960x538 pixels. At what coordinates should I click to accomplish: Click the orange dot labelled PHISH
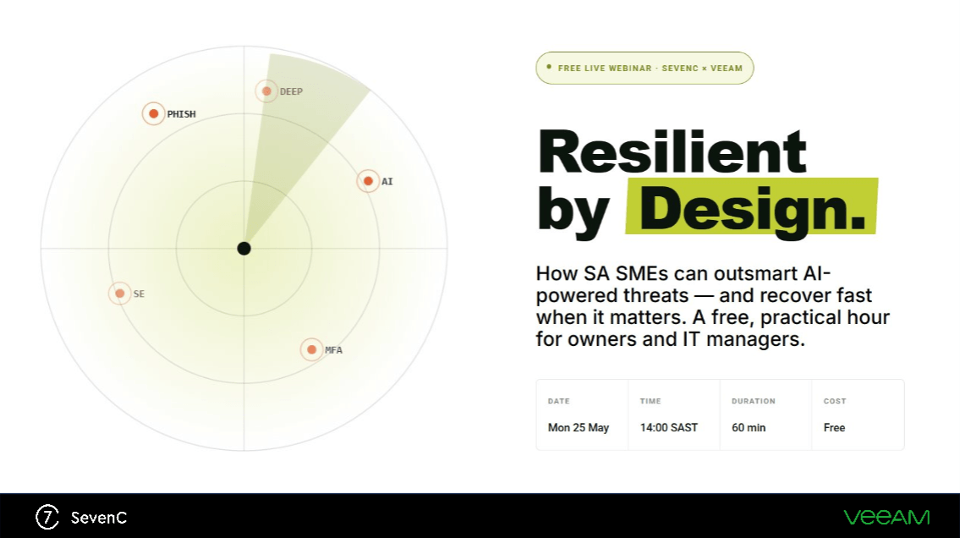(154, 114)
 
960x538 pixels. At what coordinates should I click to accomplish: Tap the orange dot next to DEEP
(267, 92)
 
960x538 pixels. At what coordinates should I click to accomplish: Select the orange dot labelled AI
(368, 181)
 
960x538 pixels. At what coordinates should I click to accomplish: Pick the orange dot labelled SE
(120, 294)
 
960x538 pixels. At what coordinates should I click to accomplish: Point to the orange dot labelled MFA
(311, 350)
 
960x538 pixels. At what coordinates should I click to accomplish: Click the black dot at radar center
(244, 249)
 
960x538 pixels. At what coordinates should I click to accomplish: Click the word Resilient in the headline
(672, 151)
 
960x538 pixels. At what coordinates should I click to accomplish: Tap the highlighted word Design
(752, 208)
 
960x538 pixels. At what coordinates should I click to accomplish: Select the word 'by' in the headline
(573, 211)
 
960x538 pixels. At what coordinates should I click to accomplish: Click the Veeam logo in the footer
(886, 518)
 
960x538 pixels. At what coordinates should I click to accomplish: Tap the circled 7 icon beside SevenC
(47, 517)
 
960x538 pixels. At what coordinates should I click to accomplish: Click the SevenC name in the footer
(99, 518)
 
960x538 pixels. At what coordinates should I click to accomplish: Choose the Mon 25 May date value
(578, 428)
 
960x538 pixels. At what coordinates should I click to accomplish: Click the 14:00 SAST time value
(668, 428)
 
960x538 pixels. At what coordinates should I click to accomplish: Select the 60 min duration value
(749, 428)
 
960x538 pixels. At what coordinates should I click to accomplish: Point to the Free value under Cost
(834, 428)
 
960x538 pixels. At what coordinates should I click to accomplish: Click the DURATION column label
(753, 402)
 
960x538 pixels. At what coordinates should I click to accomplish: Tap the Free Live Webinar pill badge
(645, 68)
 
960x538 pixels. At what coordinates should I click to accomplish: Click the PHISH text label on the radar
(181, 114)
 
